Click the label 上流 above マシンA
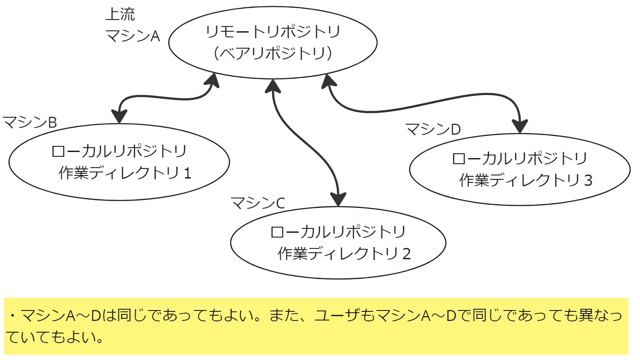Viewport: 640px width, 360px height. coord(120,14)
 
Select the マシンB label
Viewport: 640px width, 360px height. coord(30,122)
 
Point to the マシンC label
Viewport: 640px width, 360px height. coord(258,203)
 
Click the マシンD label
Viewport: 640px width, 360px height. coord(433,129)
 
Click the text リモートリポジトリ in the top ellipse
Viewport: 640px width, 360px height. coord(273,32)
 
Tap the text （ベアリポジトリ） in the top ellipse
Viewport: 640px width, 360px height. coord(273,53)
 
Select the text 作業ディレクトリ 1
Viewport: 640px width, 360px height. coord(125,173)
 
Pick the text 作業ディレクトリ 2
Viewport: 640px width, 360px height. coord(344,253)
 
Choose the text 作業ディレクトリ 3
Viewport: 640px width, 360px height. coord(526,180)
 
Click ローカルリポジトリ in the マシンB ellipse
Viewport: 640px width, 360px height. coord(119,151)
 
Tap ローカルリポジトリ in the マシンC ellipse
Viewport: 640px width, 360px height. coord(338,232)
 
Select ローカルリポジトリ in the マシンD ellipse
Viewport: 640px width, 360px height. coord(520,159)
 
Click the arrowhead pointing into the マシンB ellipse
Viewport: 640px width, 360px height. coord(119,116)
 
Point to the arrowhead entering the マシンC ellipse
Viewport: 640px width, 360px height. coord(338,199)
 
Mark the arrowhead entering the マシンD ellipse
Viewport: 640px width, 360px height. coord(520,126)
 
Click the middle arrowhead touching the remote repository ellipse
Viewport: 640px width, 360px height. coord(273,86)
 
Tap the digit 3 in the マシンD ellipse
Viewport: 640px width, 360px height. coord(588,180)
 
